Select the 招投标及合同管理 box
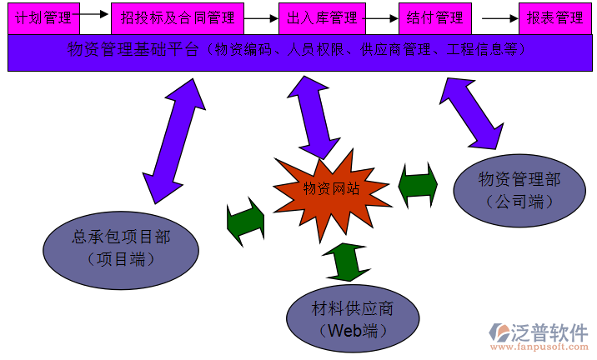pyautogui.click(x=178, y=17)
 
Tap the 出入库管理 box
pyautogui.click(x=321, y=17)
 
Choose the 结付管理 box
pyautogui.click(x=434, y=17)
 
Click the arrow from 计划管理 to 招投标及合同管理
pyautogui.click(x=95, y=14)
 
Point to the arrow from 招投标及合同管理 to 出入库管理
pyautogui.click(x=260, y=17)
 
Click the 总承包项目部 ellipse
pyautogui.click(x=121, y=247)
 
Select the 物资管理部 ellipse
pyautogui.click(x=519, y=189)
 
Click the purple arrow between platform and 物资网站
pyautogui.click(x=313, y=117)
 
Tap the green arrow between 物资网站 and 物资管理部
pyautogui.click(x=418, y=185)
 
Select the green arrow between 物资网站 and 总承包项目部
pyautogui.click(x=245, y=222)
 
